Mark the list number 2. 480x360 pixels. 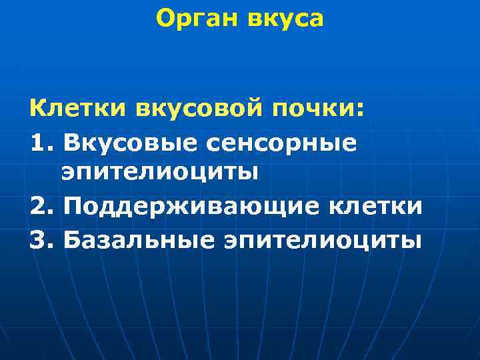[x=39, y=206]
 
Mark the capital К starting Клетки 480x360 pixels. [x=37, y=107]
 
